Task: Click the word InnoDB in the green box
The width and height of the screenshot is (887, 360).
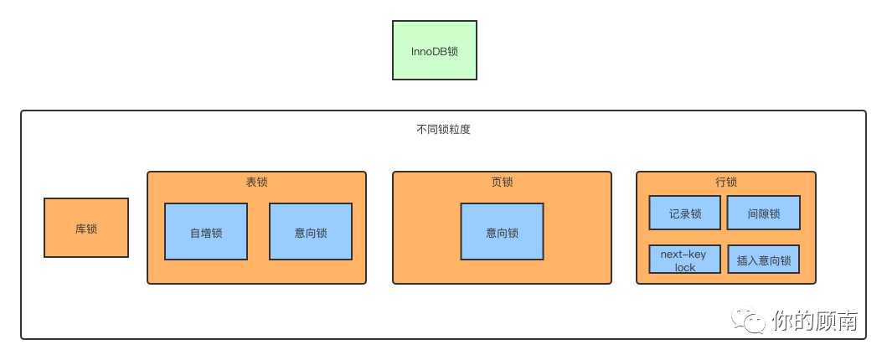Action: (x=429, y=51)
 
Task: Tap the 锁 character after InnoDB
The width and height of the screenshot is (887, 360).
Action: (x=453, y=51)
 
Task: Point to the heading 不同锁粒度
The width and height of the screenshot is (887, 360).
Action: (x=443, y=130)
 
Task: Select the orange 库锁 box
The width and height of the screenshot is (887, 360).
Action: (x=86, y=228)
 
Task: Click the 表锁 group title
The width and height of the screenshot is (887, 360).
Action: (x=256, y=182)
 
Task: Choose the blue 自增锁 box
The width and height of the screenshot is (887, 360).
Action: (x=206, y=232)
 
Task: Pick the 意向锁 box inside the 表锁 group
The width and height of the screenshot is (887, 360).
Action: (x=311, y=232)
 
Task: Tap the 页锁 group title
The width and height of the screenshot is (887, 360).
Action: (x=502, y=182)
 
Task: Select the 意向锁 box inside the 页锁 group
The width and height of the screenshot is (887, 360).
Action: (x=502, y=232)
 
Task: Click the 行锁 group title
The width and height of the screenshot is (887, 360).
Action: (x=726, y=182)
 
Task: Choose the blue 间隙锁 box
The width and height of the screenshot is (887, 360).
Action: (x=763, y=213)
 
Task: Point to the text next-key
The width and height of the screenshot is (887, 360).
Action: (x=684, y=254)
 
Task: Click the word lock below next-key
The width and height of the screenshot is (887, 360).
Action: (x=684, y=267)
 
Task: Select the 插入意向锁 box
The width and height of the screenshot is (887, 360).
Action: (x=763, y=260)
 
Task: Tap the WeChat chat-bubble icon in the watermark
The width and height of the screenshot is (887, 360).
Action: (x=748, y=321)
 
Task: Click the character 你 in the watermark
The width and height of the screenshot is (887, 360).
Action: (x=782, y=321)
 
